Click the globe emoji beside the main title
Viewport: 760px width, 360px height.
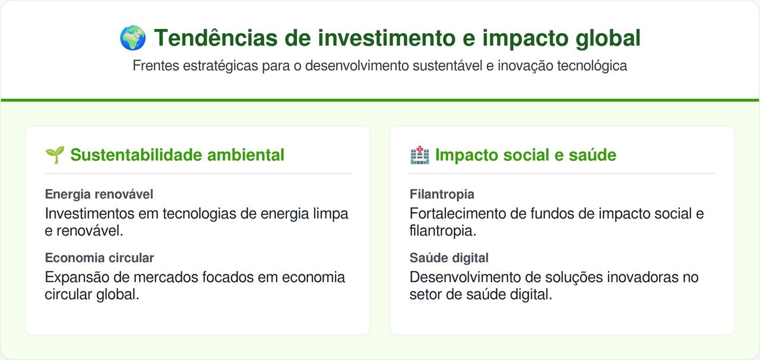click(x=132, y=37)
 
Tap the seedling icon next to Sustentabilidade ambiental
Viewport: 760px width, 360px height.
click(x=55, y=155)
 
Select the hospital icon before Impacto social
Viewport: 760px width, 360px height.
click(x=420, y=155)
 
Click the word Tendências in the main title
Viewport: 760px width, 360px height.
click(x=216, y=37)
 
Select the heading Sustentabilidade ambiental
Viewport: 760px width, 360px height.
click(x=177, y=155)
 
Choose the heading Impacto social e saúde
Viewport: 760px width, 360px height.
click(x=525, y=155)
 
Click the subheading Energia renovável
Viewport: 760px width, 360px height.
click(x=99, y=194)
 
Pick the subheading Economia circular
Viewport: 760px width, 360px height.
click(x=99, y=258)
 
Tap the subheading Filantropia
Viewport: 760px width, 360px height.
click(x=442, y=194)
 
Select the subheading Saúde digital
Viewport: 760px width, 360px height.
click(x=449, y=258)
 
